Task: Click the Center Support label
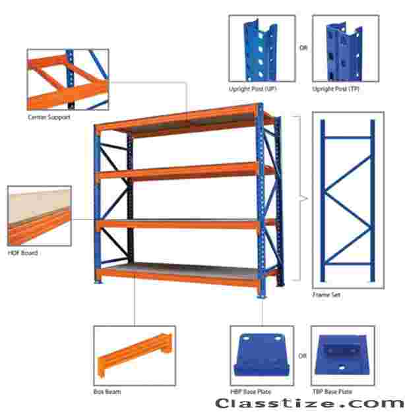pos(49,117)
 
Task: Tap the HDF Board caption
pos(23,253)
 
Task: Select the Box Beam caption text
pos(108,392)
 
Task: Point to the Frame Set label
pos(327,295)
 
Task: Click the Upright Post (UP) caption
pos(253,89)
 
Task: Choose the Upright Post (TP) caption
pos(336,89)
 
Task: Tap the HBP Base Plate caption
pos(251,392)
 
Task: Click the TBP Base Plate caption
pos(332,392)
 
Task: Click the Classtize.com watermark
pos(309,403)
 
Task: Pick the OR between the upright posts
pos(303,47)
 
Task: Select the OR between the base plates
pos(303,356)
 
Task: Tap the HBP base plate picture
pos(262,355)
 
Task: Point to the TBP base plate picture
pos(342,355)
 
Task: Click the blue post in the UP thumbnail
pos(261,50)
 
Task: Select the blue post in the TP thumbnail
pos(344,52)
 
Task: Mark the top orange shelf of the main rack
pos(184,121)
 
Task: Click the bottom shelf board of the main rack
pos(184,270)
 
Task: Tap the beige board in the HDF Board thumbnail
pos(40,205)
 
